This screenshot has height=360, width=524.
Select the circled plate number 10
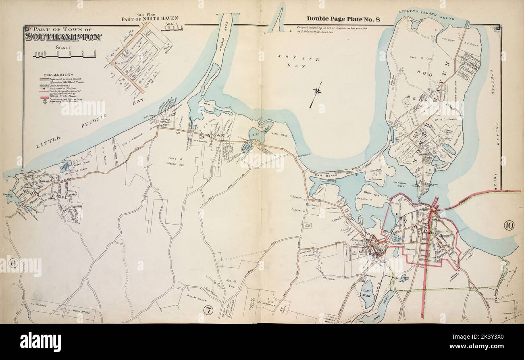[509, 226]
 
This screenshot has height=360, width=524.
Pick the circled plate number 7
[208, 310]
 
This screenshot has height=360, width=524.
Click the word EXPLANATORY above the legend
[58, 75]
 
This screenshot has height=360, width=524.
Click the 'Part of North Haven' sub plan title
[150, 19]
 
